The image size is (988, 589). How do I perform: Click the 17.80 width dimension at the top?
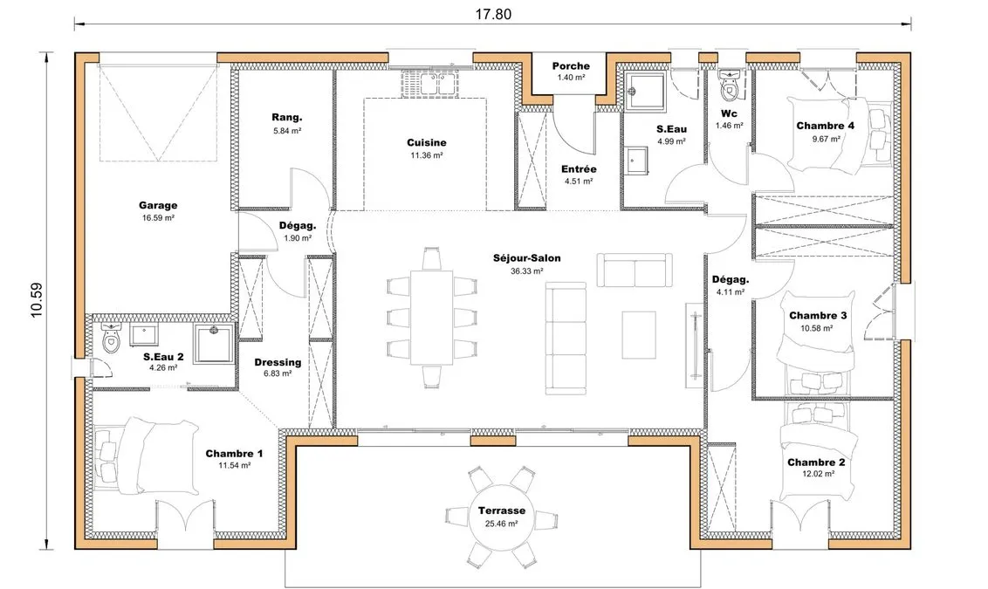pyautogui.click(x=493, y=14)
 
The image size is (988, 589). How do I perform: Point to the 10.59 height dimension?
pyautogui.click(x=37, y=300)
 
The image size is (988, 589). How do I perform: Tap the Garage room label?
pyautogui.click(x=158, y=205)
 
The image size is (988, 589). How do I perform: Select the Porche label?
pyautogui.click(x=571, y=65)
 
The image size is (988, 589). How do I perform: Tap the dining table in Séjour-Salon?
pyautogui.click(x=432, y=318)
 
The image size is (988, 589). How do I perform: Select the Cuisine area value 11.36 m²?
pyautogui.click(x=427, y=155)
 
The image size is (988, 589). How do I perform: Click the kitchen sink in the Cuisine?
pyautogui.click(x=431, y=83)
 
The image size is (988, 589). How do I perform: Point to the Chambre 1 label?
pyautogui.click(x=235, y=454)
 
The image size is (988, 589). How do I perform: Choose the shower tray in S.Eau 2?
pyautogui.click(x=214, y=343)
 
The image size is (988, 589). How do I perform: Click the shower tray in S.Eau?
pyautogui.click(x=645, y=92)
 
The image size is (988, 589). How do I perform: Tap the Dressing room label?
pyautogui.click(x=278, y=362)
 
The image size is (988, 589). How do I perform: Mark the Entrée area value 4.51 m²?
pyautogui.click(x=579, y=181)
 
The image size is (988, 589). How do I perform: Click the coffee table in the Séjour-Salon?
pyautogui.click(x=639, y=335)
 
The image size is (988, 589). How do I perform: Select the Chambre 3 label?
pyautogui.click(x=818, y=316)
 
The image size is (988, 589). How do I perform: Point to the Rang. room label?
pyautogui.click(x=287, y=117)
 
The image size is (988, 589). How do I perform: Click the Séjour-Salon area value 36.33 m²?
pyautogui.click(x=527, y=271)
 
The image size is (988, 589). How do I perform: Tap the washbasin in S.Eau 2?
pyautogui.click(x=144, y=335)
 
